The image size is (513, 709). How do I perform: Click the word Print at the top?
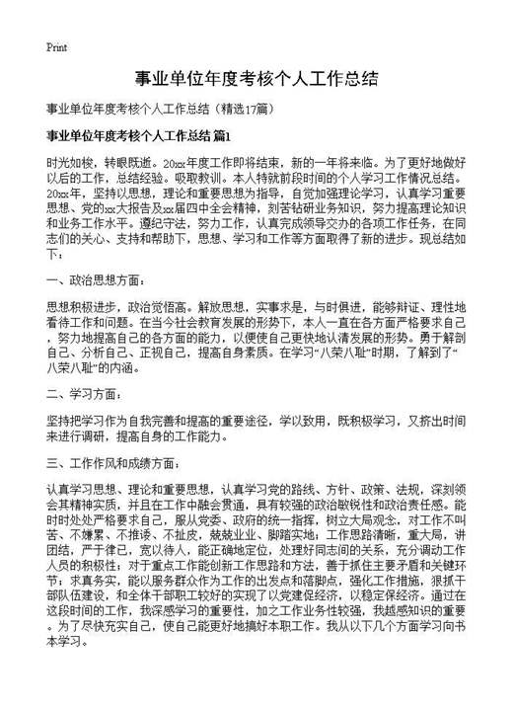coord(56,45)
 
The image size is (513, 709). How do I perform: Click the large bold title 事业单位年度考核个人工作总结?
coord(256,78)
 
